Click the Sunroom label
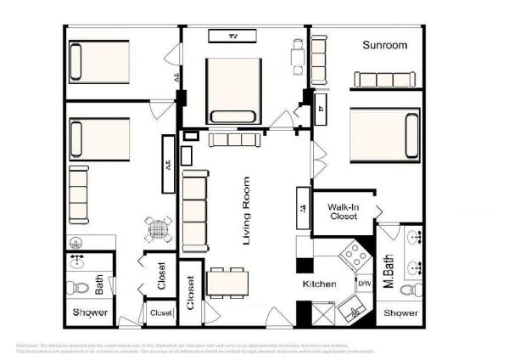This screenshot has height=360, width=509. pos(385,45)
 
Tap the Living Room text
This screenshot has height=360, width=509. pos(247,211)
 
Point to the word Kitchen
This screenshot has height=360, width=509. pos(320,284)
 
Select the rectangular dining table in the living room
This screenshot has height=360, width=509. pos(227,280)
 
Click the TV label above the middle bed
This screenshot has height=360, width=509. pos(235,36)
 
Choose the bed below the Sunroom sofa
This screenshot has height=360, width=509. pos(385,134)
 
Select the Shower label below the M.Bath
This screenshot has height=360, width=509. pos(400,313)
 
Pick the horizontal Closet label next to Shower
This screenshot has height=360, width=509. pos(160,313)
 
